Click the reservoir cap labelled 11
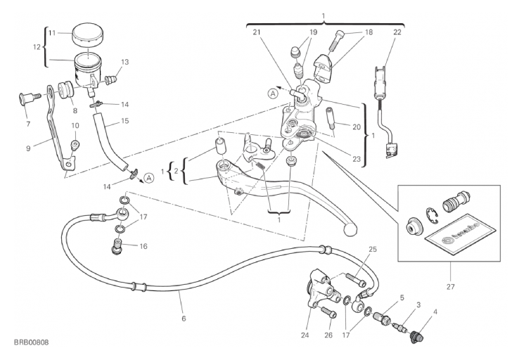pos(87,34)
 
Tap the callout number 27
pos(450,287)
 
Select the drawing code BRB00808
pos(32,342)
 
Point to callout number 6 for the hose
pos(184,319)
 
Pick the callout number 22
pos(397,32)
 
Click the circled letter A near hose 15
pos(148,178)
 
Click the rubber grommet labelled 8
pos(65,89)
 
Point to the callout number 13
pos(125,62)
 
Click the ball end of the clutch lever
pos(350,229)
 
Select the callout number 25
pos(373,250)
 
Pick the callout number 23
pos(357,159)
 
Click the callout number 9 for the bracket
pos(28,148)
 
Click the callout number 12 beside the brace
pos(37,47)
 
